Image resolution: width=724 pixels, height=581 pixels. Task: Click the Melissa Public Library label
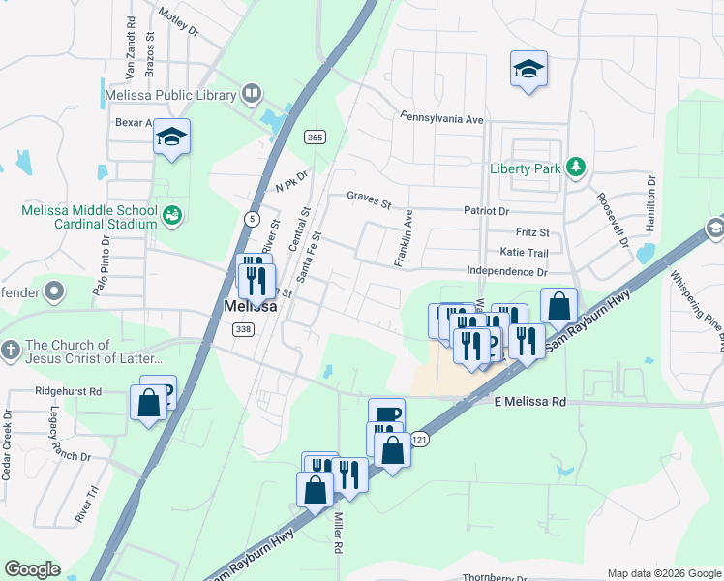[168, 95]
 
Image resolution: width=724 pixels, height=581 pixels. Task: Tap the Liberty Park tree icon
[576, 168]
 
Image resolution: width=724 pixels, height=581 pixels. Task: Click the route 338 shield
[243, 329]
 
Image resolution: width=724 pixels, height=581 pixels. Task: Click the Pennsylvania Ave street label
[441, 118]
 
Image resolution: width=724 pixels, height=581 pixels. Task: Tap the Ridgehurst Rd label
[68, 392]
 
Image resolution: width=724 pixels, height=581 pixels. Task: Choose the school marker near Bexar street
[171, 137]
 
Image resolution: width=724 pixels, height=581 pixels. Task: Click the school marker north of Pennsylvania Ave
[528, 69]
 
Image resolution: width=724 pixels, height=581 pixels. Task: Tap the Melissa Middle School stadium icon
[172, 215]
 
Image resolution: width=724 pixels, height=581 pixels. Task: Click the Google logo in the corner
[32, 569]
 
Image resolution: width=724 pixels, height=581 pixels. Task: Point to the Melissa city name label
[251, 306]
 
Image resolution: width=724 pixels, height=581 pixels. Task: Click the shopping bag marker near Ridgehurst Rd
[149, 403]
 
